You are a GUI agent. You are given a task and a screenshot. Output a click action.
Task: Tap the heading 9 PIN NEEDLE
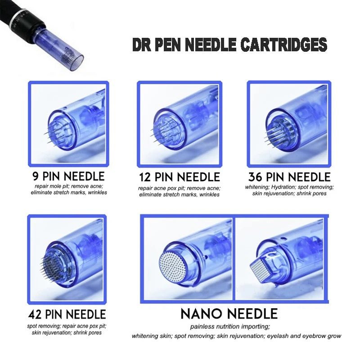tap(68, 176)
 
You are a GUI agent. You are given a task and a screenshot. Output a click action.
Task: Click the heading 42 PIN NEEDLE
tap(67, 314)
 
